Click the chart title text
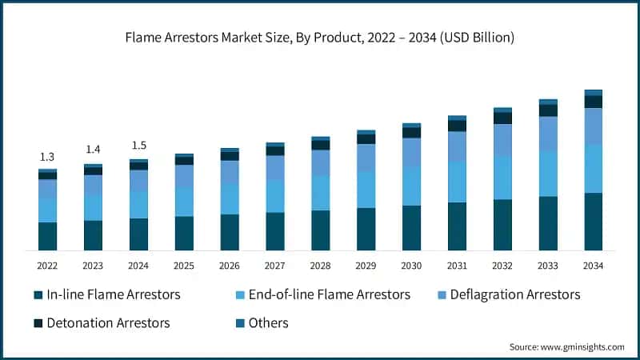[x=319, y=38]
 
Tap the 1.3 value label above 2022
[x=47, y=157]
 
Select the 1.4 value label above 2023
[x=93, y=150]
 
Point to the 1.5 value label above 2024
[x=138, y=145]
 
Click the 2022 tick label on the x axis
[x=47, y=265]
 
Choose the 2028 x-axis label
[x=320, y=265]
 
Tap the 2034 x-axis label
[x=593, y=265]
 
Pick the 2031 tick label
[x=457, y=265]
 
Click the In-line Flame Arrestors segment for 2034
[x=593, y=222]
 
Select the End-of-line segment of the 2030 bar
[x=411, y=186]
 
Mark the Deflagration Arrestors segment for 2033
[x=547, y=134]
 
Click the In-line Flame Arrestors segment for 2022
[x=47, y=236]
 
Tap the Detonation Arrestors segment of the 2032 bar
[x=502, y=118]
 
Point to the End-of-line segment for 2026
[x=230, y=199]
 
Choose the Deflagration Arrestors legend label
[x=507, y=294]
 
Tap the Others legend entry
[x=260, y=323]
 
